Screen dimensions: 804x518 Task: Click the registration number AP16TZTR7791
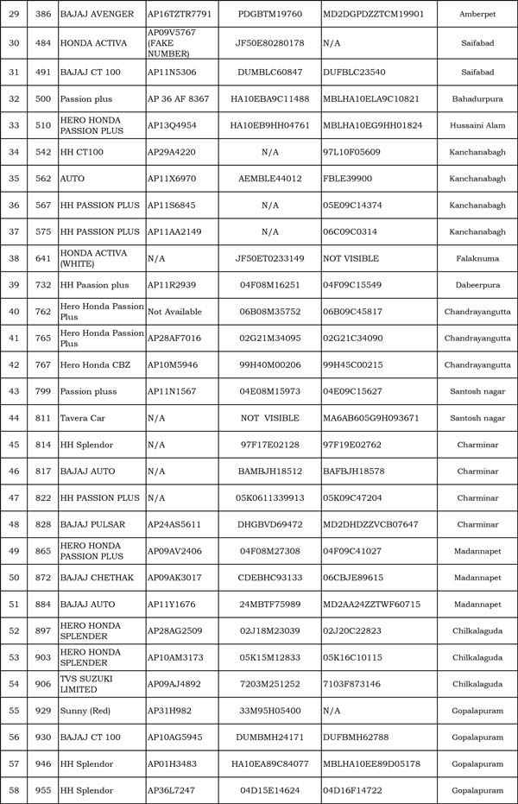179,15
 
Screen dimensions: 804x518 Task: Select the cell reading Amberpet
477,15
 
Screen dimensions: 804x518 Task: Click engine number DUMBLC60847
268,73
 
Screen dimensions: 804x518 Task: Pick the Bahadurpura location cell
477,99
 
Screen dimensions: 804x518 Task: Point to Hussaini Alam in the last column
477,125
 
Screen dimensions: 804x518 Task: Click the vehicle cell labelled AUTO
73,179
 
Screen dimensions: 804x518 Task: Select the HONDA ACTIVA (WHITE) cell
93,258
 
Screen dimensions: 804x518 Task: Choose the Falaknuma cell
477,258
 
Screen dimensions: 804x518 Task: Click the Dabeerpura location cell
477,285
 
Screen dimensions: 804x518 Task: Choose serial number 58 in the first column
13,790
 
